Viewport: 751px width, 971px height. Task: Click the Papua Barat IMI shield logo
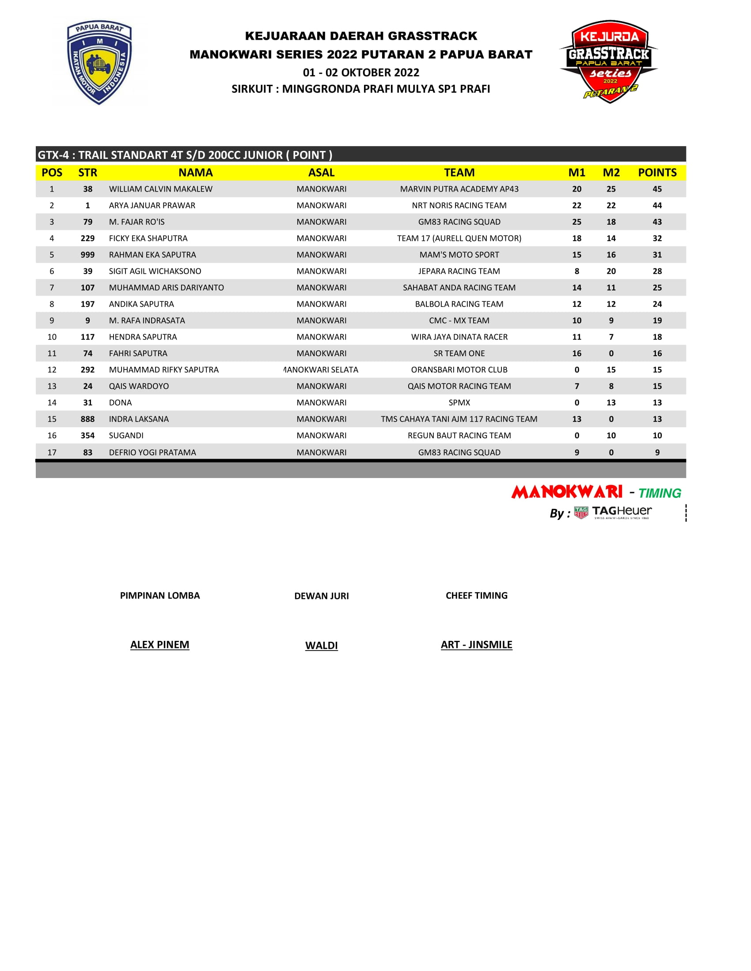pos(99,62)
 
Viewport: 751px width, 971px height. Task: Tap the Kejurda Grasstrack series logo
pos(609,61)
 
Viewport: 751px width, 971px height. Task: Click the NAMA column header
pos(195,173)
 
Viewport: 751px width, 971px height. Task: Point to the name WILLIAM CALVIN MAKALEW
pos(161,189)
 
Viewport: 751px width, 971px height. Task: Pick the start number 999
pos(87,255)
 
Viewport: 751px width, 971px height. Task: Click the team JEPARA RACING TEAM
pos(459,271)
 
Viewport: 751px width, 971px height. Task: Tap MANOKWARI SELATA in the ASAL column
pos(321,370)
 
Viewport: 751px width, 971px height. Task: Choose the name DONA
pos(120,403)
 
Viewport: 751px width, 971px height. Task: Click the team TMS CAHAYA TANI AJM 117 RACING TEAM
pos(459,419)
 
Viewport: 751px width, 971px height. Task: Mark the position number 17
pos(52,452)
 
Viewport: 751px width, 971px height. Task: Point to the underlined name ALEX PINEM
pos(160,645)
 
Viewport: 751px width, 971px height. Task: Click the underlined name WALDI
pos(321,646)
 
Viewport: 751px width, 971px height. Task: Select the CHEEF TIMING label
pos(477,596)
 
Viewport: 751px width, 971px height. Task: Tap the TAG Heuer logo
pos(613,512)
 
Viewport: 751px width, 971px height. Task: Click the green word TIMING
pos(660,493)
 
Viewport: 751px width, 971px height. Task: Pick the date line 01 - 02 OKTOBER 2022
pos(361,72)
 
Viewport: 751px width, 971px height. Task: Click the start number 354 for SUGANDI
pos(87,436)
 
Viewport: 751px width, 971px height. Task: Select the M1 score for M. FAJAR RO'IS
pos(577,222)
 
